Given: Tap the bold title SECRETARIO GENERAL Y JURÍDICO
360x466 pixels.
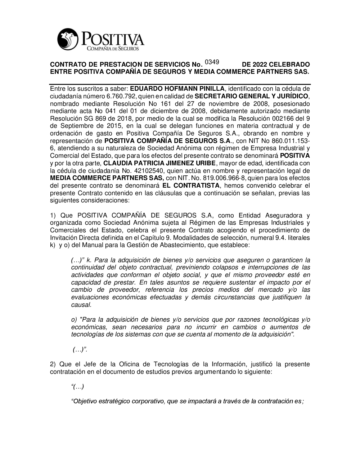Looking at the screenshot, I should [x=251, y=96].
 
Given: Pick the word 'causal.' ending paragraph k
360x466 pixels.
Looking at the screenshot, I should [x=81, y=305].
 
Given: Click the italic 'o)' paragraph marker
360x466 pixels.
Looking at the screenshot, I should [x=74, y=319].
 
